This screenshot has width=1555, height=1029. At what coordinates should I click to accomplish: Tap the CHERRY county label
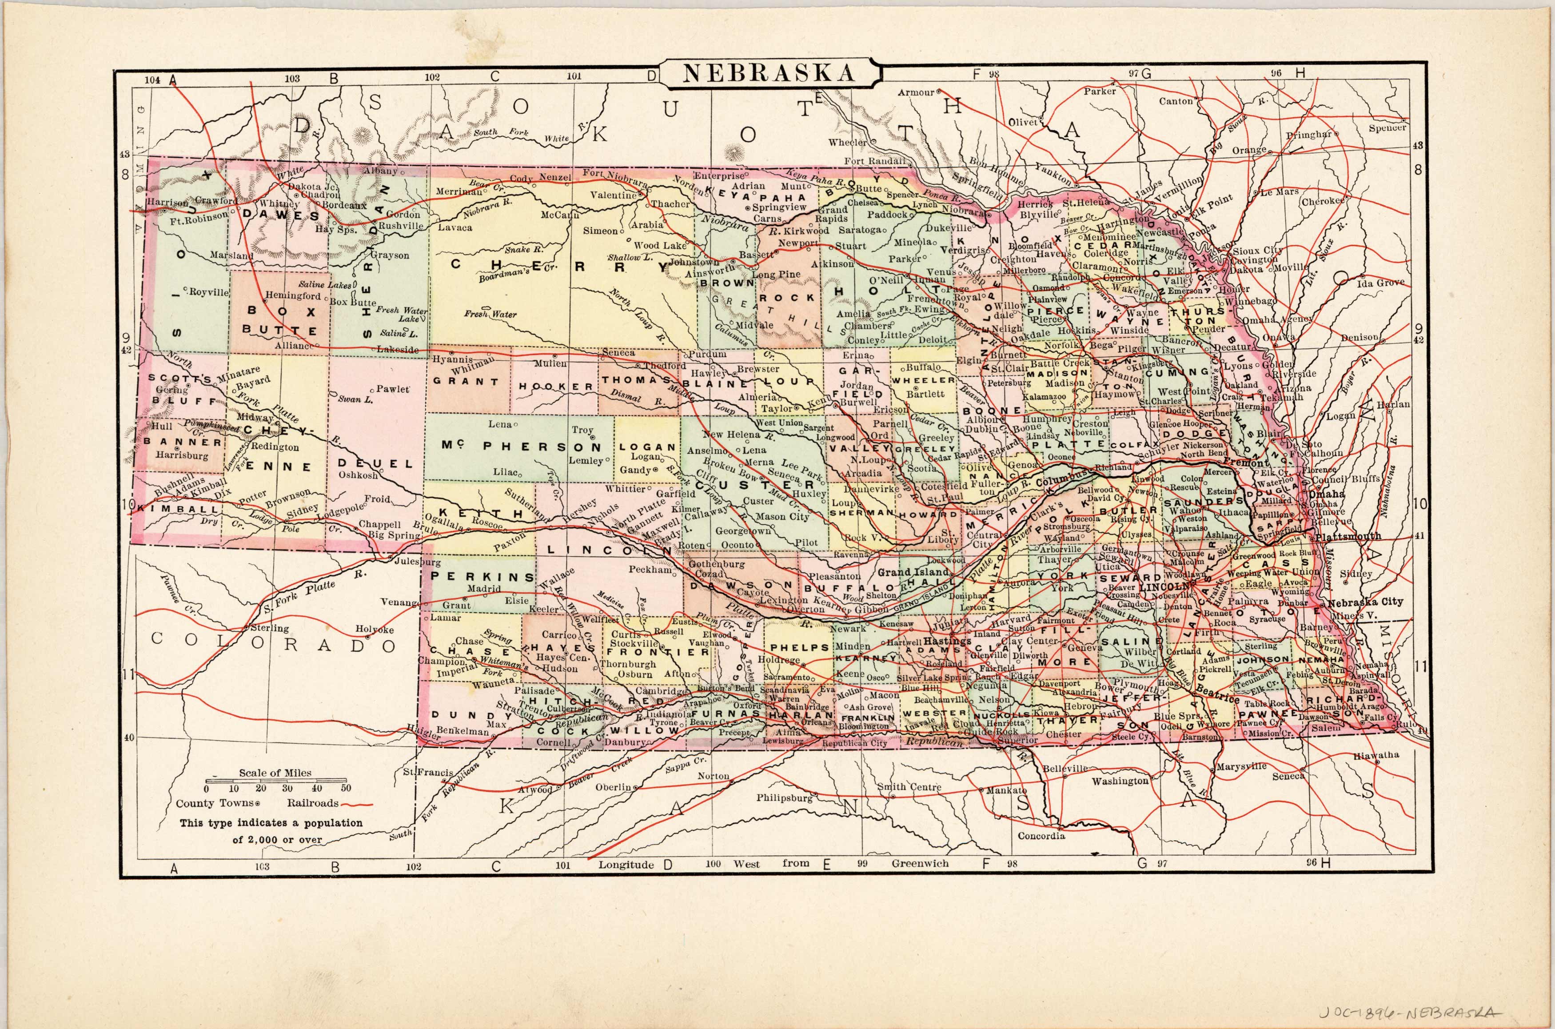click(x=551, y=265)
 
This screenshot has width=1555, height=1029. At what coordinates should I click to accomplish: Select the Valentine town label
click(x=613, y=195)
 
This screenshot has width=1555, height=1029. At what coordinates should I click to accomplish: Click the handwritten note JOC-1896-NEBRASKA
click(x=1423, y=1013)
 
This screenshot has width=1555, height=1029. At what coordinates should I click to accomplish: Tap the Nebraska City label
click(x=1365, y=602)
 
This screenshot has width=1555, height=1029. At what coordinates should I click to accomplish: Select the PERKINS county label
click(x=483, y=577)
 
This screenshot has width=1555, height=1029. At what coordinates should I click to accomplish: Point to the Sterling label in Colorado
click(x=270, y=628)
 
